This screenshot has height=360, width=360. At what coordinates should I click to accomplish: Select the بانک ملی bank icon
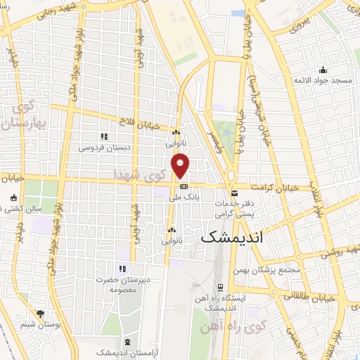click(x=184, y=186)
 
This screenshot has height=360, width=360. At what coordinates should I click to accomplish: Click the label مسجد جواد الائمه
click(x=323, y=82)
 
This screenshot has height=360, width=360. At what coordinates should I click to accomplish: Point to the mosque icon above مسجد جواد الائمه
click(x=323, y=70)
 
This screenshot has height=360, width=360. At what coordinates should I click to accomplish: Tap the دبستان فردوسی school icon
click(x=104, y=136)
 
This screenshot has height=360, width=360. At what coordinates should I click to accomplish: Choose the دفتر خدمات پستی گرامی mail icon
click(x=234, y=191)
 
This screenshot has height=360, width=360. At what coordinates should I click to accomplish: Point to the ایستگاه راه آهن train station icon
click(x=221, y=287)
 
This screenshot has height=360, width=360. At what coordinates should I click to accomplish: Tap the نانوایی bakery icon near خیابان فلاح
click(x=176, y=133)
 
